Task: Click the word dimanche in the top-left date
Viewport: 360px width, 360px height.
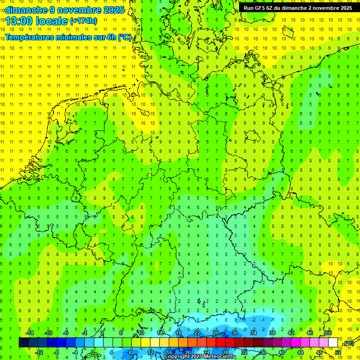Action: [26, 9]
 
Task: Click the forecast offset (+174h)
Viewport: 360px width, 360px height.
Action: [83, 21]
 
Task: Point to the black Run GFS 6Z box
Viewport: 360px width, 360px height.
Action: [298, 7]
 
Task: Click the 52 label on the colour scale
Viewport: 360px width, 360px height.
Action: [338, 352]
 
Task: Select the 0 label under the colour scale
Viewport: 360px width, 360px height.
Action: [92, 352]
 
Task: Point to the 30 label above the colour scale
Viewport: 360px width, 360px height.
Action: [235, 333]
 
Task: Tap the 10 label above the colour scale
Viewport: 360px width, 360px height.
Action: [141, 333]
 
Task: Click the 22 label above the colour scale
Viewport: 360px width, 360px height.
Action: [197, 333]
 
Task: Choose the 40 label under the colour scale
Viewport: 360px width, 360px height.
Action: [282, 352]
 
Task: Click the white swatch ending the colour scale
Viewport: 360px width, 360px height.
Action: [333, 343]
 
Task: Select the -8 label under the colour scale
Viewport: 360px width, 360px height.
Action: [57, 352]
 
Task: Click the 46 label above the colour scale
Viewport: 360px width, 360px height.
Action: [310, 333]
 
